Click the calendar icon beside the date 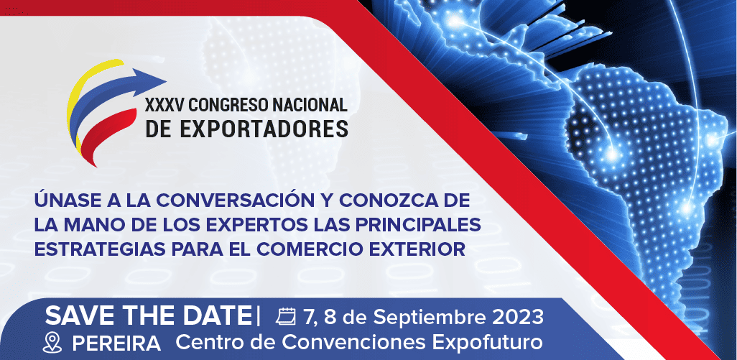pyautogui.click(x=286, y=317)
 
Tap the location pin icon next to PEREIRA pyautogui.click(x=52, y=343)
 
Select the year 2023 pyautogui.click(x=518, y=317)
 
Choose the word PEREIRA pyautogui.click(x=116, y=344)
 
